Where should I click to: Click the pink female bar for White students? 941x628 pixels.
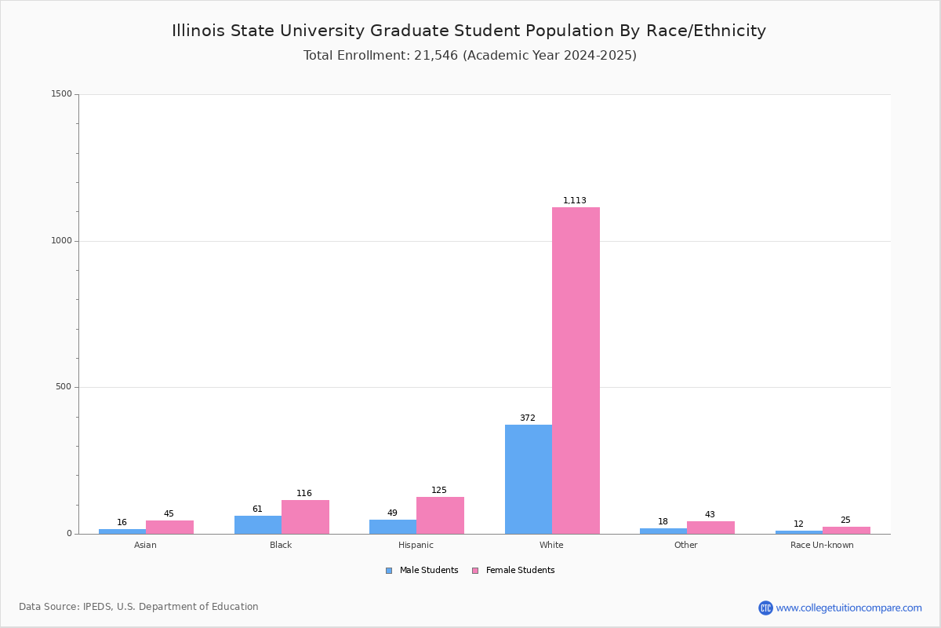[576, 371]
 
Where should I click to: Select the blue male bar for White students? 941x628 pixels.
[528, 479]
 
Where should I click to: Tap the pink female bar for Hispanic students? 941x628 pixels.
[440, 515]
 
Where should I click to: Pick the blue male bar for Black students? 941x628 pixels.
[257, 524]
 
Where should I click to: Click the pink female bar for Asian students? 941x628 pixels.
[169, 527]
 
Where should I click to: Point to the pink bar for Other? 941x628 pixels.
[710, 528]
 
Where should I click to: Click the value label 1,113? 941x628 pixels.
[575, 201]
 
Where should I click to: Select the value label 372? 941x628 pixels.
[528, 418]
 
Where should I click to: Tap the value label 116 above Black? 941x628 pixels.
[304, 494]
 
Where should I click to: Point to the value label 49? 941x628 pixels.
[392, 513]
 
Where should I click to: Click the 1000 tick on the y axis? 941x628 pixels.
[61, 241]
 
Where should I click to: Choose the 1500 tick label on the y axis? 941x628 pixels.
[61, 94]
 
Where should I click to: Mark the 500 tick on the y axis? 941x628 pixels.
[64, 387]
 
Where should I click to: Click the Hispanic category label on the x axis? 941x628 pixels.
[416, 545]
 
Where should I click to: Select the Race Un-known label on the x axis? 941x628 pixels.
[822, 545]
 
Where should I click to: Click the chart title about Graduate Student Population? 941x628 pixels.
[469, 31]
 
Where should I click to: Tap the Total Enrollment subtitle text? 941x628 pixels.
[470, 56]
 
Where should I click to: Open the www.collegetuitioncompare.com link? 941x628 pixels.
[848, 608]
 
